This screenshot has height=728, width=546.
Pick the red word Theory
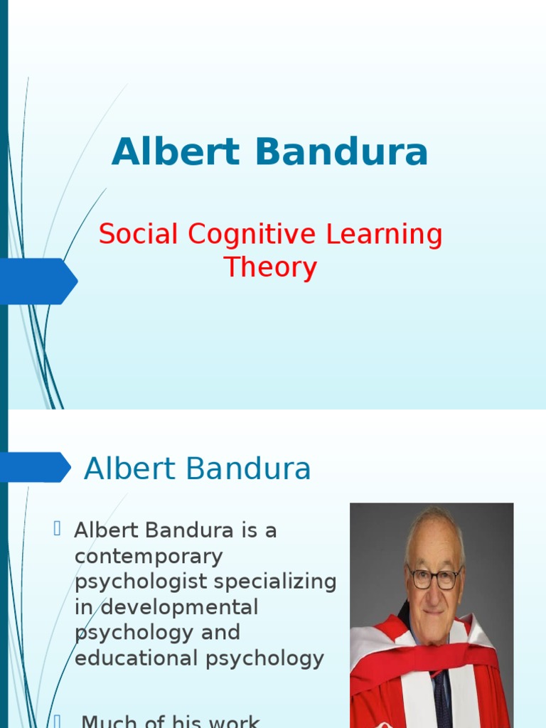270,268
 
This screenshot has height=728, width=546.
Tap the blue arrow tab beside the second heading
34,467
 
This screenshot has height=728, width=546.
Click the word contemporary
149,557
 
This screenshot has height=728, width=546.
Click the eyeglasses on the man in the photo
435,577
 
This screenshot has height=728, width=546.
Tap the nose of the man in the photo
434,590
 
